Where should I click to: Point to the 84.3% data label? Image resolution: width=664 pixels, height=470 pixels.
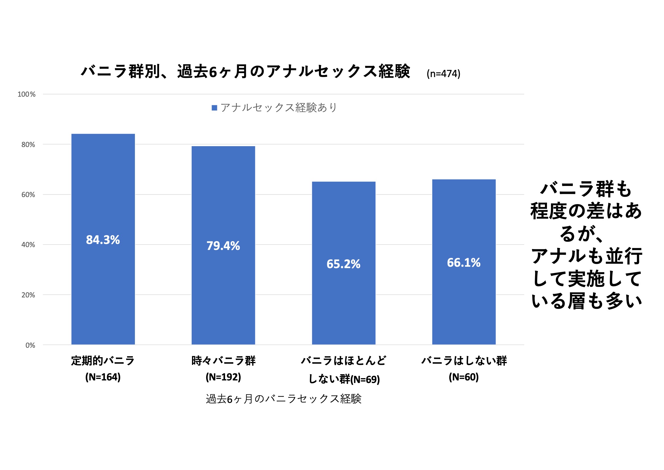tap(103, 240)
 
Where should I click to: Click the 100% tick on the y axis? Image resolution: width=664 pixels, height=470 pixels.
tap(26, 94)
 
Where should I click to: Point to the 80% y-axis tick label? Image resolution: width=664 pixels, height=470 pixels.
tap(28, 145)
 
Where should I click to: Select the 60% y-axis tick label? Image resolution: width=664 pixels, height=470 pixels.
tap(28, 195)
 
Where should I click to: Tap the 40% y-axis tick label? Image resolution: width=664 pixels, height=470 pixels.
tap(28, 245)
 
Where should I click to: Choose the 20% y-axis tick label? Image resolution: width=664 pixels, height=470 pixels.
tap(28, 295)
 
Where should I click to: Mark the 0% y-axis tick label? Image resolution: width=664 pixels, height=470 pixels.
tap(30, 345)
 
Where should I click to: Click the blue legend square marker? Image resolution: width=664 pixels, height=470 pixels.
tap(214, 108)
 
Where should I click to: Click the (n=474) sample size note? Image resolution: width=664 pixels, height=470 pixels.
tap(443, 74)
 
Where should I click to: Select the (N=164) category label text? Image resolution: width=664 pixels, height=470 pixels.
tap(103, 377)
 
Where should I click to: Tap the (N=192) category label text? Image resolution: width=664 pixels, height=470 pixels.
tap(223, 377)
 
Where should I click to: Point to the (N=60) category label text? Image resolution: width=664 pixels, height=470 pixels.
tap(464, 377)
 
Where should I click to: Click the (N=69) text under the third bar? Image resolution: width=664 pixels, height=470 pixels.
tap(365, 380)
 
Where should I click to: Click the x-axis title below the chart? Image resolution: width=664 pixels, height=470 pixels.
tap(283, 399)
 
